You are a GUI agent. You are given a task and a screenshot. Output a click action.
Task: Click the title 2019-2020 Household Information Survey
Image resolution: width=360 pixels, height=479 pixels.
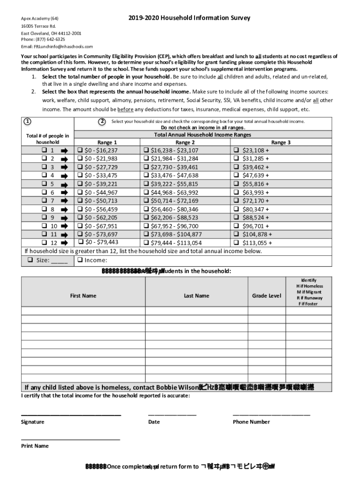tap(189, 18)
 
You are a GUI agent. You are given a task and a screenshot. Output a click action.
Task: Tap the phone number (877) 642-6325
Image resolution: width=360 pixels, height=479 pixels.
tap(50, 40)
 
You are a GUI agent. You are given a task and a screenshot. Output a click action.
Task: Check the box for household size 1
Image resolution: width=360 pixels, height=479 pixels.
tap(44, 151)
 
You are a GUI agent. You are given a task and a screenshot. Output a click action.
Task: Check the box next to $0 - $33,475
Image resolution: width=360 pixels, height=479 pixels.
tap(80, 175)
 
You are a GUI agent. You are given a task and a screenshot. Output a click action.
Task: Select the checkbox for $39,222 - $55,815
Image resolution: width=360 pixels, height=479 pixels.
tap(146, 184)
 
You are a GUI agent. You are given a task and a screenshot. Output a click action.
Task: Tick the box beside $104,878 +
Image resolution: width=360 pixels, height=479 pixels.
tap(236, 234)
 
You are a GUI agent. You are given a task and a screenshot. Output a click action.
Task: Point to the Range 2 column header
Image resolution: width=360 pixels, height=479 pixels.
tap(186, 142)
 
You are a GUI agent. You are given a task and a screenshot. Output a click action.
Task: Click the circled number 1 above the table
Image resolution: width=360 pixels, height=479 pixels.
tap(28, 122)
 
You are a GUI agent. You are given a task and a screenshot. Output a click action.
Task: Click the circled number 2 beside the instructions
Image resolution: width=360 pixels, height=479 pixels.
tap(102, 122)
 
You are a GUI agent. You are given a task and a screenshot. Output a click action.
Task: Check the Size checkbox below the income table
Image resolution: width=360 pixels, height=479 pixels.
tap(30, 260)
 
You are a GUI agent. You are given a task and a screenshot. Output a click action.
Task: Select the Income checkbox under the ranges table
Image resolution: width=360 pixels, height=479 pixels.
tap(80, 260)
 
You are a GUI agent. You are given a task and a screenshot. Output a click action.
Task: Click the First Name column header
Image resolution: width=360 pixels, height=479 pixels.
tap(83, 296)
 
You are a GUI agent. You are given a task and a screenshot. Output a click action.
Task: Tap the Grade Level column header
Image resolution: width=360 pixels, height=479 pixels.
tap(266, 296)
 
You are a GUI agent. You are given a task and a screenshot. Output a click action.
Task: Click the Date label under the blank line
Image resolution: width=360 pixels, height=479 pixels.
tap(154, 422)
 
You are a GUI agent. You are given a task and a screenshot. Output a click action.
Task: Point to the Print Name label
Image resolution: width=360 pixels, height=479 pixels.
tap(35, 446)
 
